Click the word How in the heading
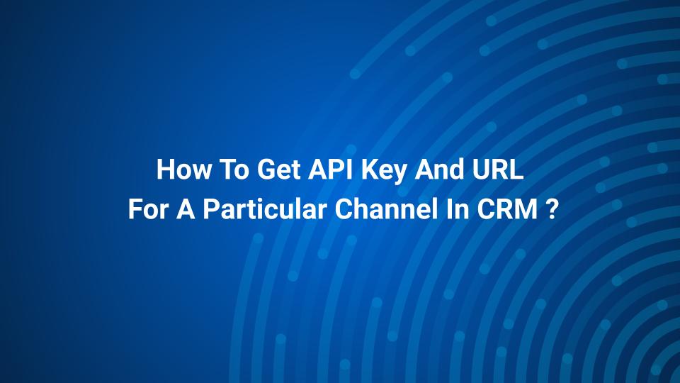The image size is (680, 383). pyautogui.click(x=183, y=170)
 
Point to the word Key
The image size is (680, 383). pyautogui.click(x=384, y=172)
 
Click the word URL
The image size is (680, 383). pyautogui.click(x=493, y=170)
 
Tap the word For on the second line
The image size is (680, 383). pyautogui.click(x=147, y=209)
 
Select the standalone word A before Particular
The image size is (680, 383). pyautogui.click(x=185, y=209)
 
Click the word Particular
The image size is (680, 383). pyautogui.click(x=264, y=209)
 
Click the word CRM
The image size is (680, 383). pyautogui.click(x=507, y=209)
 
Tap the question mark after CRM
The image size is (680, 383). pyautogui.click(x=550, y=209)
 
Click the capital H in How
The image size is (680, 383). pyautogui.click(x=165, y=170)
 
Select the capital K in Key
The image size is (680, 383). pyautogui.click(x=370, y=170)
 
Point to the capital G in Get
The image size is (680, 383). pyautogui.click(x=266, y=170)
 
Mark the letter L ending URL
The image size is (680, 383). pyautogui.click(x=516, y=170)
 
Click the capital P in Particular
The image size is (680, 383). pyautogui.click(x=211, y=209)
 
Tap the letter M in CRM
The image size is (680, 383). pyautogui.click(x=527, y=209)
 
